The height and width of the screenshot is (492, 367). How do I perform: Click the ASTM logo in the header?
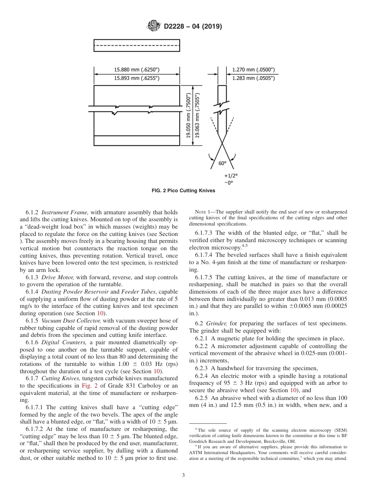(x=154, y=26)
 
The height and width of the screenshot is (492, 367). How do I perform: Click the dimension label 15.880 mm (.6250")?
(x=137, y=70)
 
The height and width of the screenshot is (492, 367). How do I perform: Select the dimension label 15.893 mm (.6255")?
(x=137, y=78)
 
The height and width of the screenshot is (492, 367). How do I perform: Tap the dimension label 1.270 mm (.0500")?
(x=253, y=70)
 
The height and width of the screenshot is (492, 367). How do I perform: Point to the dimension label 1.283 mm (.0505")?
(x=253, y=78)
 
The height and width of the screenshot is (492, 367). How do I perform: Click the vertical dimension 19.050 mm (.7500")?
(x=189, y=115)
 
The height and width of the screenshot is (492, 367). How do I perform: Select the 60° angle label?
(x=223, y=163)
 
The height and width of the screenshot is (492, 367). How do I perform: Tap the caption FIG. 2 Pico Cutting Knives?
(x=183, y=191)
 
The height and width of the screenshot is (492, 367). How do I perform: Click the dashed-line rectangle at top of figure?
(x=137, y=45)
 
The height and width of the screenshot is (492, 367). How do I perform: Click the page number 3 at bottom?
(x=183, y=475)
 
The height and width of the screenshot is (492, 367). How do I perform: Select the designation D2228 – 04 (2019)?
(x=193, y=26)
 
